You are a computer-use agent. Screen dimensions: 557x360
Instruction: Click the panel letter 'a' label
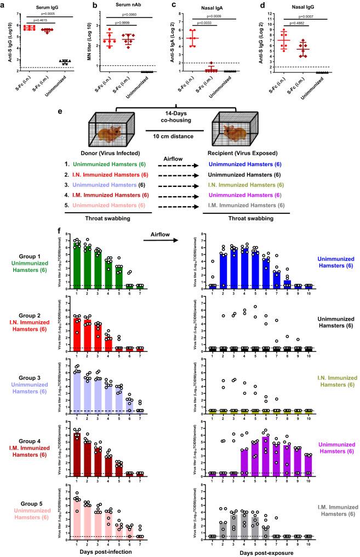(x=4, y=4)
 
